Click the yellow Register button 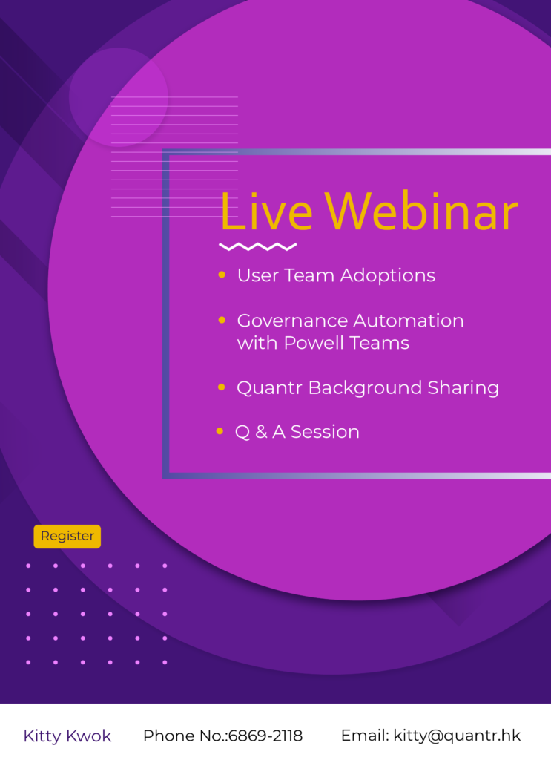[x=67, y=536]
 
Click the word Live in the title [x=266, y=212]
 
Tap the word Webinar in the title [x=421, y=212]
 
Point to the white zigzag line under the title [x=257, y=246]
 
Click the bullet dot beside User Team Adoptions [x=222, y=275]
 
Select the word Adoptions [x=387, y=276]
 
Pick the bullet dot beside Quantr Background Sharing [x=222, y=387]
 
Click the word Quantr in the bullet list [x=269, y=387]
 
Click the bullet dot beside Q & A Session [x=220, y=431]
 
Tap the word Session [x=325, y=432]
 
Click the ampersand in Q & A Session [x=262, y=432]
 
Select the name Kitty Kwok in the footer [x=67, y=736]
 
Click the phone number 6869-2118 [x=265, y=736]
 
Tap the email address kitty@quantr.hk [x=457, y=736]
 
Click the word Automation [x=409, y=321]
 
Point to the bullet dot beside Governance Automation [x=222, y=320]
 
